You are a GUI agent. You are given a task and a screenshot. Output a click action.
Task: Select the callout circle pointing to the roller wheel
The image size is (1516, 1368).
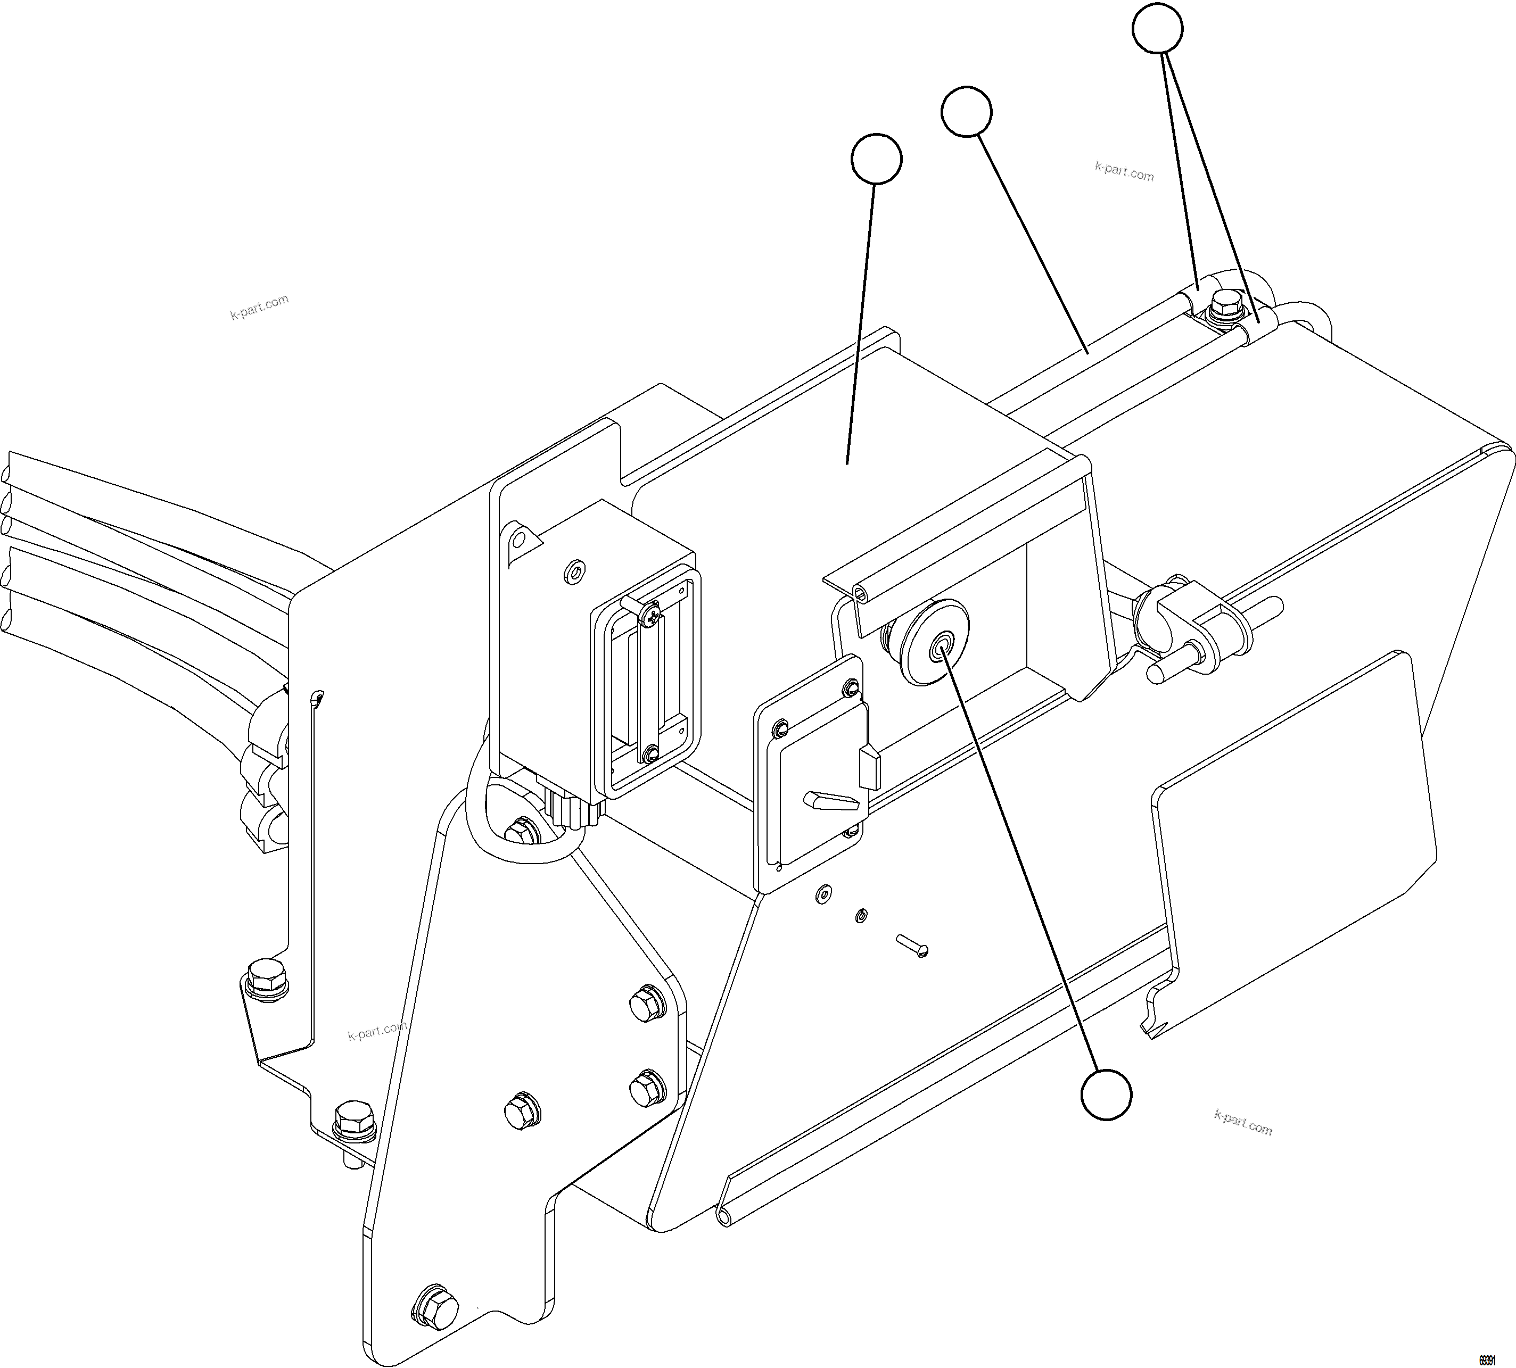pos(1106,1095)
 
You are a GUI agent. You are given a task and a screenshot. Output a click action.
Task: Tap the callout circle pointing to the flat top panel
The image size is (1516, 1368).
pos(876,159)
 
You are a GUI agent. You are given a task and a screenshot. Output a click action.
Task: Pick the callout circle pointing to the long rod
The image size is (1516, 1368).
pos(966,111)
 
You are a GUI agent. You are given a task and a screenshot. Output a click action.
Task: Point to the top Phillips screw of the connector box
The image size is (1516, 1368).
pos(650,616)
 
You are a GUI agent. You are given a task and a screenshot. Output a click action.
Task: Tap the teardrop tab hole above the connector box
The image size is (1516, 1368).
pos(518,539)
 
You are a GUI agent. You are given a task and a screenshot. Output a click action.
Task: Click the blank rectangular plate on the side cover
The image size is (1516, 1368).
pos(1293,827)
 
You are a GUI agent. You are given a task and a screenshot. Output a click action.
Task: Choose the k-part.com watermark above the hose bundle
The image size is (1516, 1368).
pos(259,306)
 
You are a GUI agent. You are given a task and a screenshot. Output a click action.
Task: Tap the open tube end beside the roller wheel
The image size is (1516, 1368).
pos(861,595)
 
